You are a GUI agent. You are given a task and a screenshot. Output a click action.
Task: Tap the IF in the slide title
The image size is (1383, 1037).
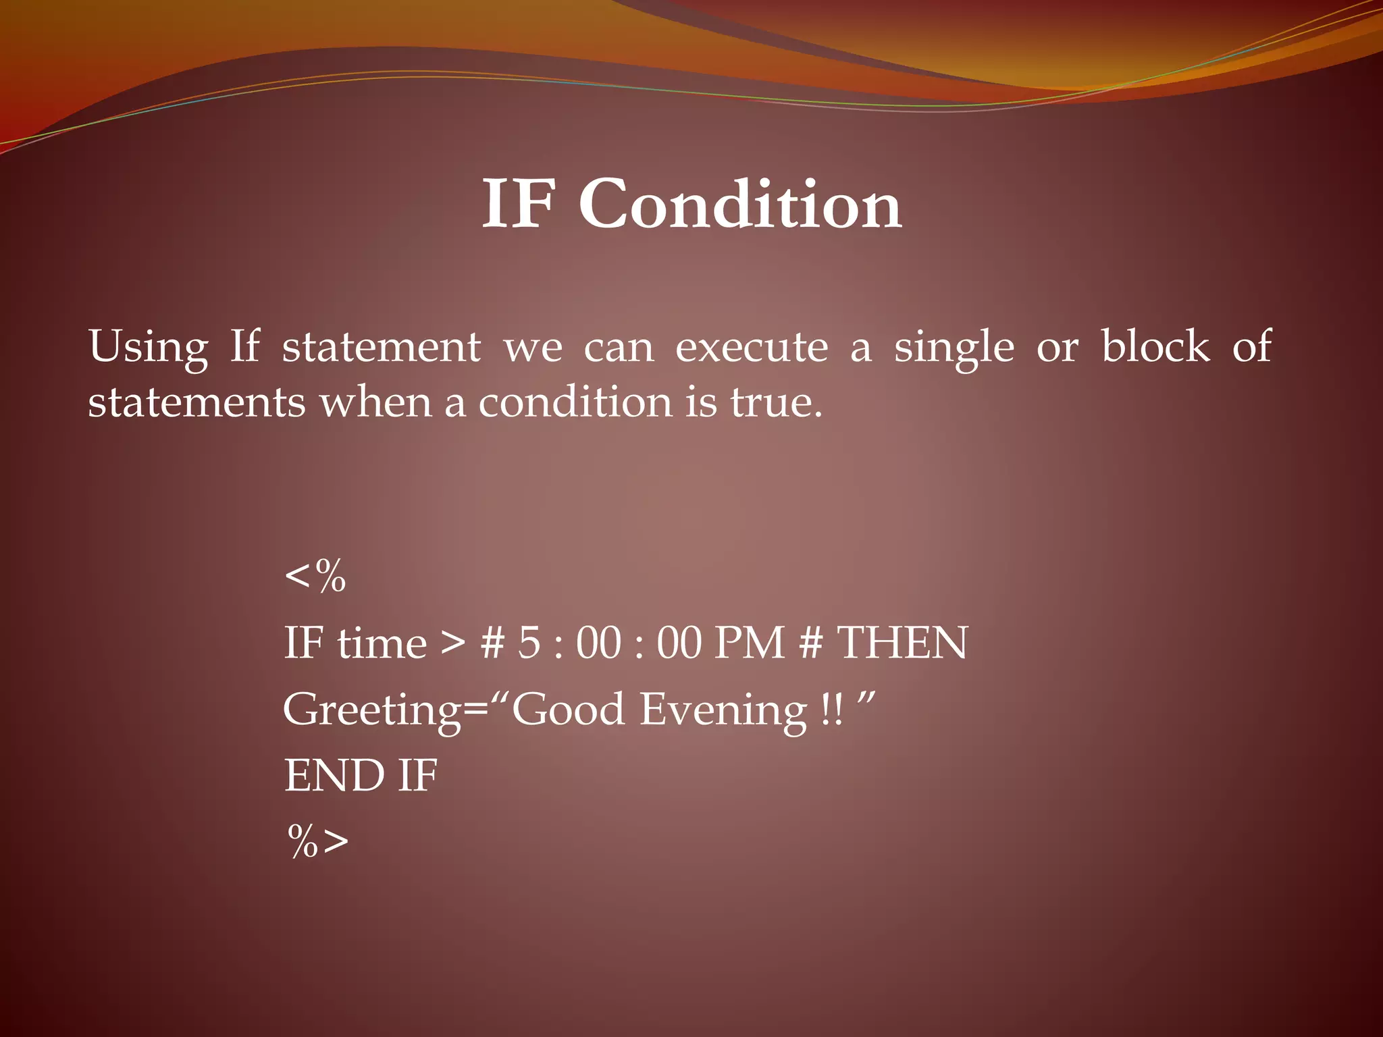click(x=519, y=204)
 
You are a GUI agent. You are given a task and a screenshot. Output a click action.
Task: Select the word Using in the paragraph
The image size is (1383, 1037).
click(x=148, y=348)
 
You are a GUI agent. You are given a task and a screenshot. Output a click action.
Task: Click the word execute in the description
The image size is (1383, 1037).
click(x=752, y=348)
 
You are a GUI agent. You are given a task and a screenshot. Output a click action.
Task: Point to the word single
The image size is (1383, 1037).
click(x=954, y=348)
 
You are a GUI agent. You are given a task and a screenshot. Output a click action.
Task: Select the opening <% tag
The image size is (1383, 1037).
click(x=315, y=577)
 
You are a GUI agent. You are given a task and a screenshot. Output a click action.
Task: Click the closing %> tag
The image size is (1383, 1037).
click(x=318, y=841)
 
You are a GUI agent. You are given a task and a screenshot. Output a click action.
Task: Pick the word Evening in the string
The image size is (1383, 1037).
click(x=723, y=710)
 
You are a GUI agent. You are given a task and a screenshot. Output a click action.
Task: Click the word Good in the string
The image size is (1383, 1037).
click(x=568, y=710)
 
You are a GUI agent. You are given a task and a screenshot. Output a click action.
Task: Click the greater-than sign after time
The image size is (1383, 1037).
click(x=452, y=643)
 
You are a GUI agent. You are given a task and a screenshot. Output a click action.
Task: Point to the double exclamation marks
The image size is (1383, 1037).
click(x=833, y=710)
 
